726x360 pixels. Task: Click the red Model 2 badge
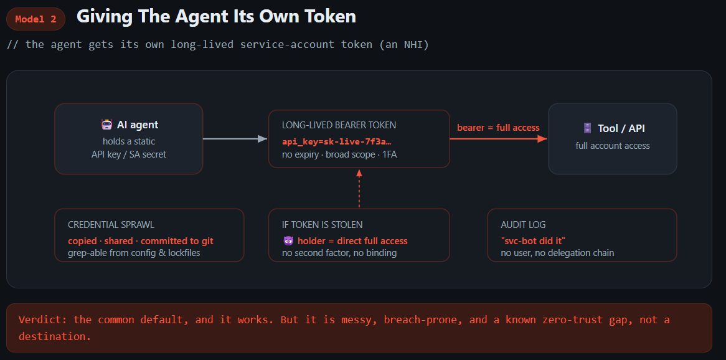[35, 19]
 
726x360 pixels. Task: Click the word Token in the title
[333, 17]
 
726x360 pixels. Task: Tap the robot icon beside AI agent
[107, 125]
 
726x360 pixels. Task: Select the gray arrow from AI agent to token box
[235, 138]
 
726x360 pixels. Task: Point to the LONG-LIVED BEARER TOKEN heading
[339, 125]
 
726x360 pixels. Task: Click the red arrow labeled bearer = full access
[499, 138]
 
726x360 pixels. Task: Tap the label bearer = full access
[498, 128]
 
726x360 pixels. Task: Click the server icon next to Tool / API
[588, 128]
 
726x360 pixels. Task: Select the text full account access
[613, 146]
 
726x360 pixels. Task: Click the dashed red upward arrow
[359, 188]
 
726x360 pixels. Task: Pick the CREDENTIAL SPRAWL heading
[111, 225]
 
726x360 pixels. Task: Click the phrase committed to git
[177, 241]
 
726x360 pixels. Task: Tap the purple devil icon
[288, 241]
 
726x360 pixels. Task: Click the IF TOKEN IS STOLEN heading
[323, 225]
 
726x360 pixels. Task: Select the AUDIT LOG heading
[523, 225]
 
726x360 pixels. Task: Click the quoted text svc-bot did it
[534, 241]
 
